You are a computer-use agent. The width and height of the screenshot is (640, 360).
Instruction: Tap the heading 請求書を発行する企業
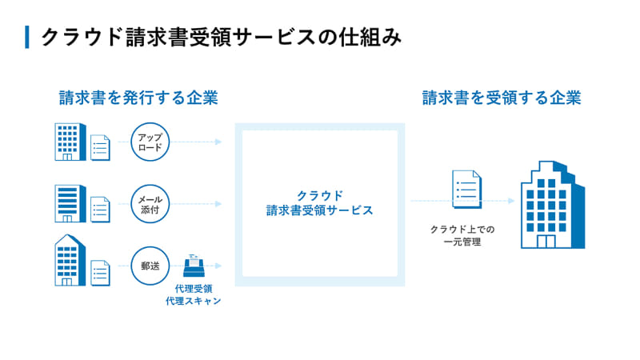coord(138,98)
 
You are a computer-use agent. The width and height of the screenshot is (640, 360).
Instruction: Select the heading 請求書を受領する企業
coord(502,98)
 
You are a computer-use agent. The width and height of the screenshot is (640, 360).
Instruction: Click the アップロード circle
coord(150,142)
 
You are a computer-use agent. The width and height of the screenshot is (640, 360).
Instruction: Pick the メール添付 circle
coord(150,203)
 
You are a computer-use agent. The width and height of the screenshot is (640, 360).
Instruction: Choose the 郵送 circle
coord(150,266)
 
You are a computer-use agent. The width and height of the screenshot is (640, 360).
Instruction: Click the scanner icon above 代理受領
coord(192,266)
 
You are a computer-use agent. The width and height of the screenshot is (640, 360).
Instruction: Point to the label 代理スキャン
coord(192,302)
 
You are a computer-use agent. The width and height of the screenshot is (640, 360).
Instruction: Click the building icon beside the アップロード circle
coord(68,142)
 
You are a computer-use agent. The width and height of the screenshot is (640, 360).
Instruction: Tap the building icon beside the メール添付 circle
coord(68,203)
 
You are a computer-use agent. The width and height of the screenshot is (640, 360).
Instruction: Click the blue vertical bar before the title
coord(27,37)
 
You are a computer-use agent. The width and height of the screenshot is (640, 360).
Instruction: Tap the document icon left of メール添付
coord(100,209)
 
